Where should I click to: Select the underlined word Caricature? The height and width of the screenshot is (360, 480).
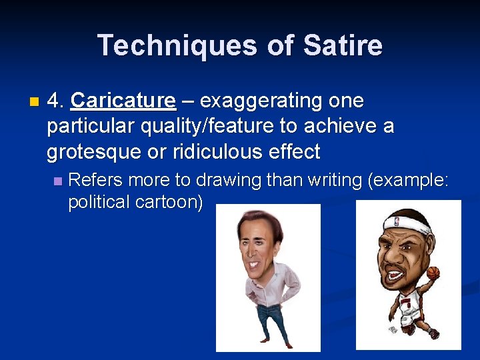(x=123, y=101)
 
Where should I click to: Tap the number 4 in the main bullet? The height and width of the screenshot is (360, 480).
(x=55, y=101)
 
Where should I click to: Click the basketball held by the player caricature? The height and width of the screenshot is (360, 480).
(x=433, y=273)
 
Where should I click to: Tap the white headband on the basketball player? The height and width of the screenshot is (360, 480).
(x=407, y=223)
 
